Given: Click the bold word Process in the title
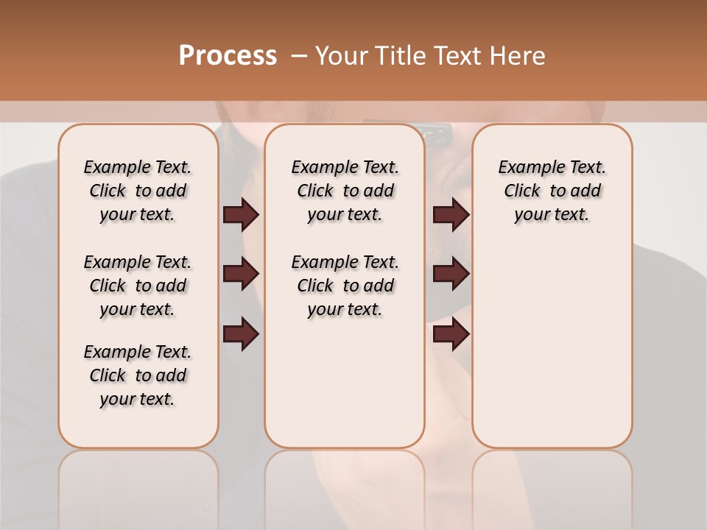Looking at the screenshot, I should click(x=228, y=56).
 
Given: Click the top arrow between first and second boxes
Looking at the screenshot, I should click(x=241, y=214).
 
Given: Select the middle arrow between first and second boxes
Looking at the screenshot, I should click(x=241, y=275).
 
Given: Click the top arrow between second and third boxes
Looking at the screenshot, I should click(x=451, y=214).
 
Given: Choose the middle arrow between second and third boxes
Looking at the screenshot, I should click(x=451, y=275).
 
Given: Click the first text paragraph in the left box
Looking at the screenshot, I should click(x=138, y=191).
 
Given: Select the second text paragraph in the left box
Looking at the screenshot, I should click(x=138, y=286).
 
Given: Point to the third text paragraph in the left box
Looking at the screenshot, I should click(x=138, y=375).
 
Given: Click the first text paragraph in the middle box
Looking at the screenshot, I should click(x=345, y=191).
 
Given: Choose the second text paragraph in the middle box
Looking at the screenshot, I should click(x=345, y=286).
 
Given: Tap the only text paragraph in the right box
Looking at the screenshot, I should click(x=552, y=191).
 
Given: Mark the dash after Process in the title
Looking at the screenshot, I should click(x=299, y=56).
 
